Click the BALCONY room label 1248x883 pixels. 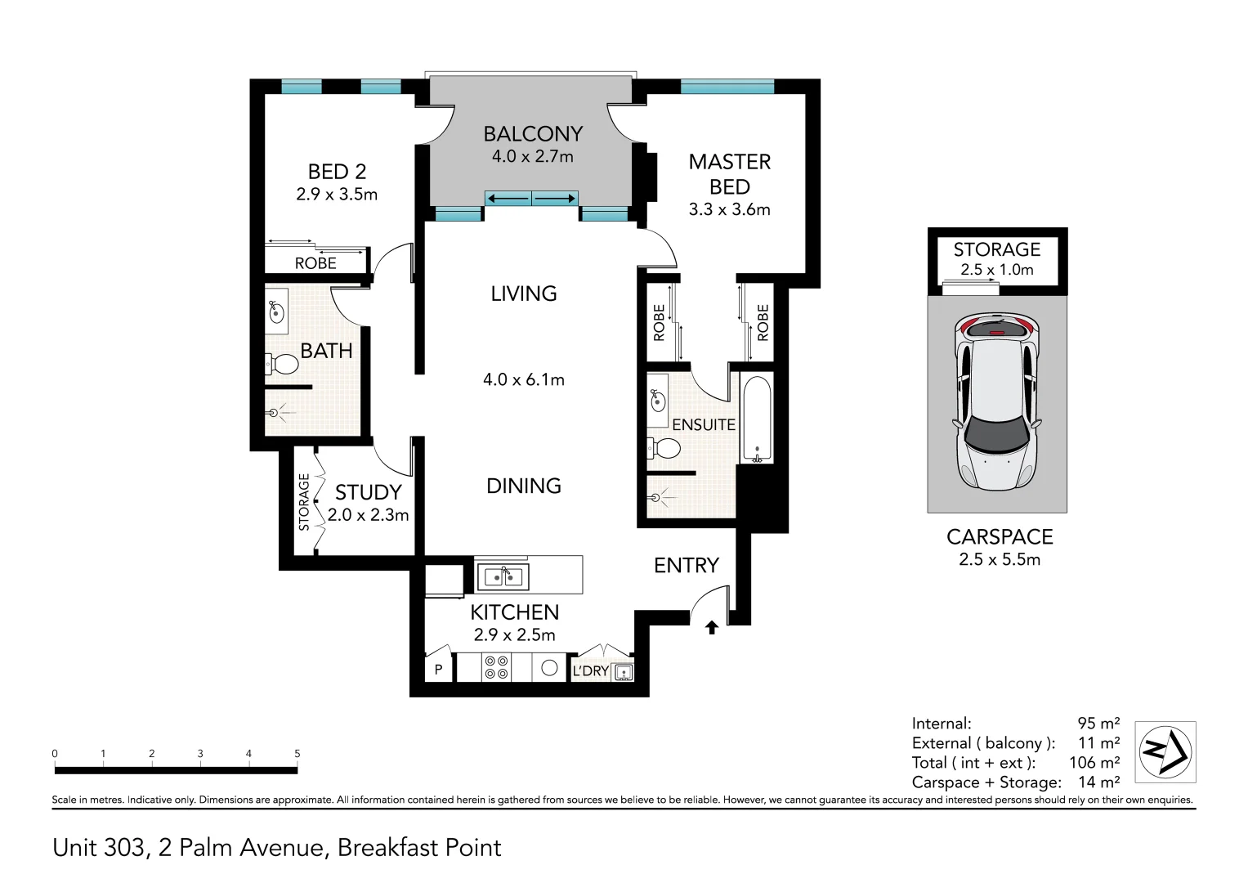(x=533, y=134)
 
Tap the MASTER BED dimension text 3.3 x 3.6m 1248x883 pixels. (x=729, y=209)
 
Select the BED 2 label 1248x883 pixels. (x=337, y=172)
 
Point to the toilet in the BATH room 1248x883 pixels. (x=282, y=365)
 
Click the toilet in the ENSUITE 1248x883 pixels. (x=664, y=448)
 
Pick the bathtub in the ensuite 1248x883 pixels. (x=757, y=419)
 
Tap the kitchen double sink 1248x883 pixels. (x=503, y=576)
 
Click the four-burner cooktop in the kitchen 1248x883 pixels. (x=496, y=667)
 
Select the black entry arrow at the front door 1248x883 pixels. (x=712, y=628)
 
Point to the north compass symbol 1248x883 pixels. (x=1165, y=751)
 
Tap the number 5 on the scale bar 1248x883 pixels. (x=297, y=753)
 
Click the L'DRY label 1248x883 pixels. (x=590, y=671)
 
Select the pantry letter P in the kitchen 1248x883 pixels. (x=438, y=669)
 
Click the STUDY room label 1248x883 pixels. (x=369, y=492)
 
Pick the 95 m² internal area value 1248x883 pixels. (x=1098, y=723)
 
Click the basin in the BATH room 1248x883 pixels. (x=276, y=312)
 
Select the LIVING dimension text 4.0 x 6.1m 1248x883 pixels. (x=524, y=379)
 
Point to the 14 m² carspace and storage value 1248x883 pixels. (x=1098, y=782)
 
